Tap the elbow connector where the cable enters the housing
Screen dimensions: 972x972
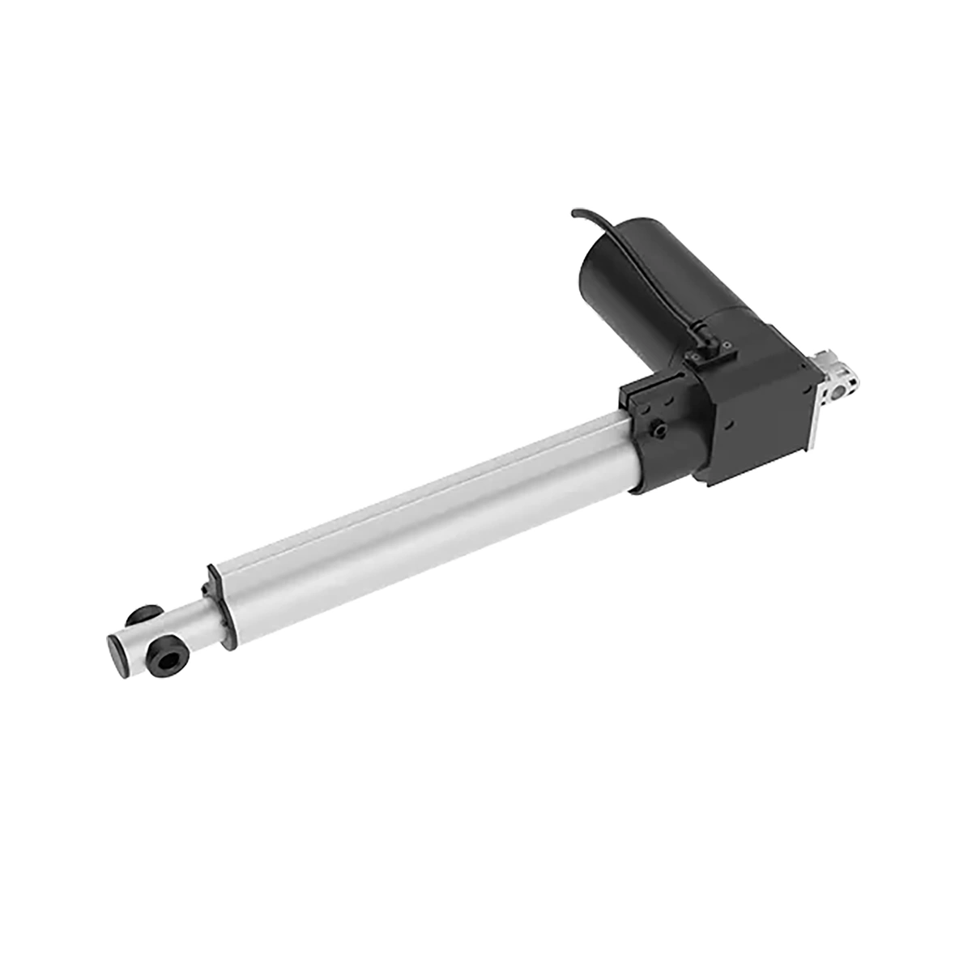tap(701, 343)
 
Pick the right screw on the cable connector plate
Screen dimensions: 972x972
tap(727, 346)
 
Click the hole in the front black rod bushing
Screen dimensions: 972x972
tap(168, 660)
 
